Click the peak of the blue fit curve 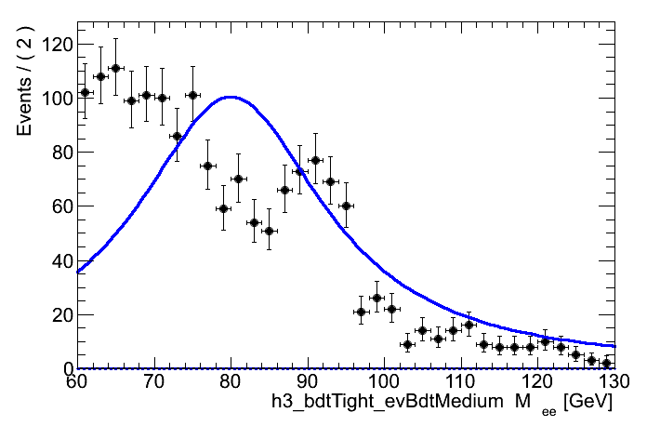tap(230, 97)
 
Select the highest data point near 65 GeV tap(115, 68)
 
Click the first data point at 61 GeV tap(85, 92)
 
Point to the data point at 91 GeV tap(315, 160)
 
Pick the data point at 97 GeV tap(361, 312)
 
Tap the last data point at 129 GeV tap(606, 363)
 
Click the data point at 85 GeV tap(269, 231)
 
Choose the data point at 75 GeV tap(192, 95)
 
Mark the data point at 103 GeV tap(407, 344)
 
